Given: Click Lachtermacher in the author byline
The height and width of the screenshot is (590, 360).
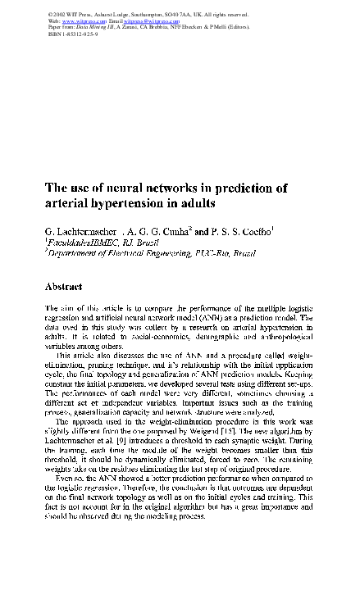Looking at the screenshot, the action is tap(97, 232).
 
